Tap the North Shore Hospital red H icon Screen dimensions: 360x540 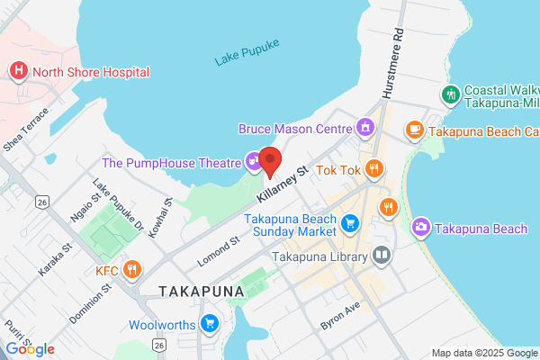click(x=17, y=71)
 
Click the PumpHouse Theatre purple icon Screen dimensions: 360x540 click(x=254, y=162)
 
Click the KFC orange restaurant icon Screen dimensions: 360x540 click(x=132, y=268)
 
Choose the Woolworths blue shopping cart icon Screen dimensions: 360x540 click(x=210, y=322)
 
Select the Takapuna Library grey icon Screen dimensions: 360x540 click(x=382, y=256)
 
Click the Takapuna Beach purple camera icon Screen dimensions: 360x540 click(x=419, y=229)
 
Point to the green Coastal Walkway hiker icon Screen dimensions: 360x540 click(x=449, y=94)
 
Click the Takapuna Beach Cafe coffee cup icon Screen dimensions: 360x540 click(x=414, y=130)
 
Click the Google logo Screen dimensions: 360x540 click(x=30, y=349)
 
